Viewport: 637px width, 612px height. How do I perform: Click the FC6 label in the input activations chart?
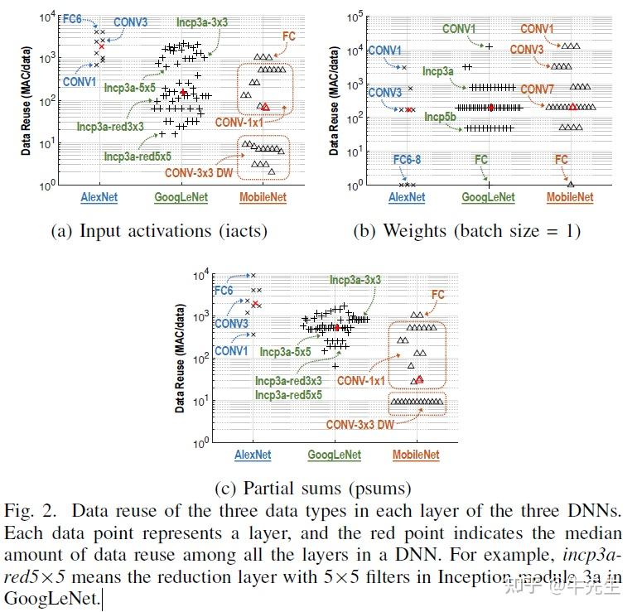click(74, 15)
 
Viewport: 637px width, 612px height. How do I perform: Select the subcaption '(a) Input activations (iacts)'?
click(160, 231)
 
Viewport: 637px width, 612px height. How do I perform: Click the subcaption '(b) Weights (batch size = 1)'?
click(467, 231)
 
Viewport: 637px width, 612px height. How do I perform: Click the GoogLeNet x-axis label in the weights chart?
click(488, 198)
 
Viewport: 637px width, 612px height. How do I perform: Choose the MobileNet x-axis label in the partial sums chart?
click(416, 455)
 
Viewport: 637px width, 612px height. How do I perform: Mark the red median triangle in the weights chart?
click(573, 107)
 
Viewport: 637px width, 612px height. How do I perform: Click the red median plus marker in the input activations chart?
click(183, 92)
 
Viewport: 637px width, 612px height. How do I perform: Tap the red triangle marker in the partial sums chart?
click(420, 379)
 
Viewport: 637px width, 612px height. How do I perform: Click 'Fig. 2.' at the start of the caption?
click(29, 508)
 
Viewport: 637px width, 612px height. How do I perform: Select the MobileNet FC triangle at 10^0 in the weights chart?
click(571, 184)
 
